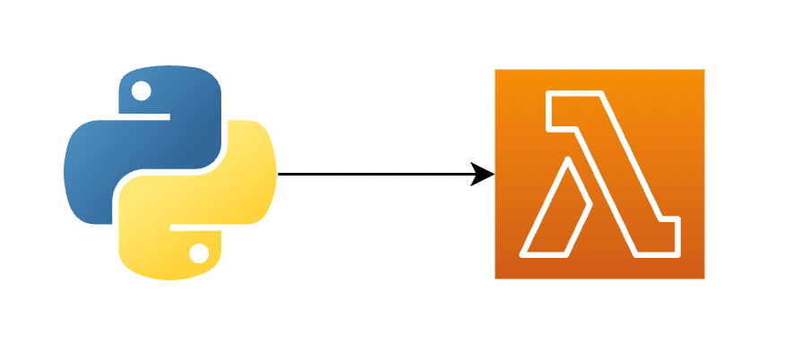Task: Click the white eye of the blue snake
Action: [142, 90]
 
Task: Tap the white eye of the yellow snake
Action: [199, 255]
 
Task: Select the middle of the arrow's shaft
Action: [376, 174]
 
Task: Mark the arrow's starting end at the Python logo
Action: [280, 174]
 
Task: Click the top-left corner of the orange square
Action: [496, 70]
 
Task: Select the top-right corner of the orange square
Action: [703, 70]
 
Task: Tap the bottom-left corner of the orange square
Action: [496, 278]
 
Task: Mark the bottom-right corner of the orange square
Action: [703, 278]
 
